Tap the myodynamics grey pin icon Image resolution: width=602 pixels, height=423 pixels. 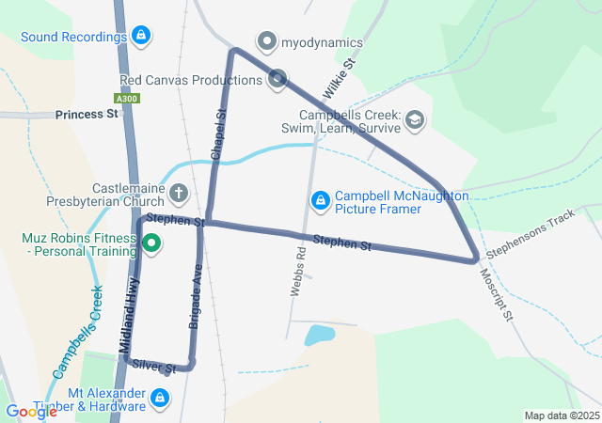click(268, 42)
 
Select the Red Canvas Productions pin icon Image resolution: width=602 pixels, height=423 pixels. click(277, 78)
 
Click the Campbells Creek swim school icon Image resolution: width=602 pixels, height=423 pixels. click(415, 119)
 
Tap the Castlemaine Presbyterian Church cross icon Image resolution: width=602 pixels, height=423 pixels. click(178, 195)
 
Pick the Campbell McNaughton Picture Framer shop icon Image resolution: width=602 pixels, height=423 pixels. click(321, 199)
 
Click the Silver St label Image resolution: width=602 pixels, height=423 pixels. click(154, 366)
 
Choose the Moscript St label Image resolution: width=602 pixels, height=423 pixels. click(495, 294)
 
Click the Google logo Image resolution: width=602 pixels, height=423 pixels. click(31, 411)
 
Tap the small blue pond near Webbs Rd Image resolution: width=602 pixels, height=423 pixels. click(320, 334)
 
